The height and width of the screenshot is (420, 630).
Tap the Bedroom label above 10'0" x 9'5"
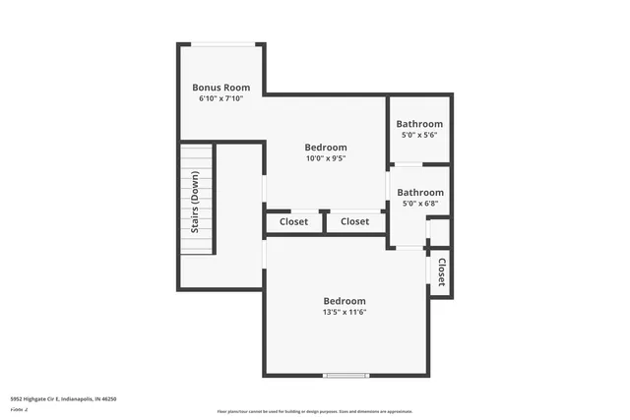pyautogui.click(x=325, y=146)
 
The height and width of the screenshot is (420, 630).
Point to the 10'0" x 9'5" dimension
pyautogui.click(x=325, y=157)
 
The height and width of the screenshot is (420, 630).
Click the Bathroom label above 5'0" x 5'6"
pyautogui.click(x=420, y=124)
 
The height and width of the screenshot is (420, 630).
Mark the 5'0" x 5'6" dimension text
pyautogui.click(x=420, y=136)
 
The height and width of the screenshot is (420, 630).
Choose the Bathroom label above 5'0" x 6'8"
pyautogui.click(x=420, y=192)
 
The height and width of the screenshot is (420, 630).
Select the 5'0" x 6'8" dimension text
pyautogui.click(x=420, y=204)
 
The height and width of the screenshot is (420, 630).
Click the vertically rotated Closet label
pyautogui.click(x=441, y=272)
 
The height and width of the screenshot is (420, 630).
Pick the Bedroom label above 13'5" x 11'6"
pyautogui.click(x=345, y=301)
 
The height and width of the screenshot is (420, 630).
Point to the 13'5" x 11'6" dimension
pyautogui.click(x=345, y=313)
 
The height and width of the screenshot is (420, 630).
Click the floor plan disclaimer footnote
pyautogui.click(x=315, y=411)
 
